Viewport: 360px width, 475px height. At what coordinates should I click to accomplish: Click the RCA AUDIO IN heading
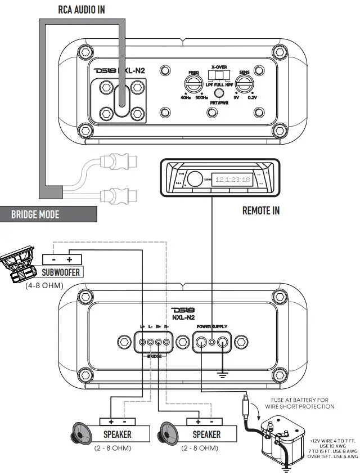point(82,10)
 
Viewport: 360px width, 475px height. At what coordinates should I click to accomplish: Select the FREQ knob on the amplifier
point(193,85)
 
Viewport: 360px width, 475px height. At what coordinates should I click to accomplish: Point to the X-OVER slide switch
point(219,76)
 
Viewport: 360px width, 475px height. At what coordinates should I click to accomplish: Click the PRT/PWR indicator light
point(219,93)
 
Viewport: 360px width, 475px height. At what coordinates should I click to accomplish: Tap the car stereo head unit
point(218,177)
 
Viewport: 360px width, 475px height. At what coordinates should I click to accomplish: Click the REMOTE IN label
point(261,211)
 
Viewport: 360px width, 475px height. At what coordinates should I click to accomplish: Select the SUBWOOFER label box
point(61,272)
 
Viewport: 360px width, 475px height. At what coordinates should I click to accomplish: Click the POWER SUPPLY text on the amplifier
point(211,326)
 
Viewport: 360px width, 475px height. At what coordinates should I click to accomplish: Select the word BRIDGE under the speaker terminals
point(154,356)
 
